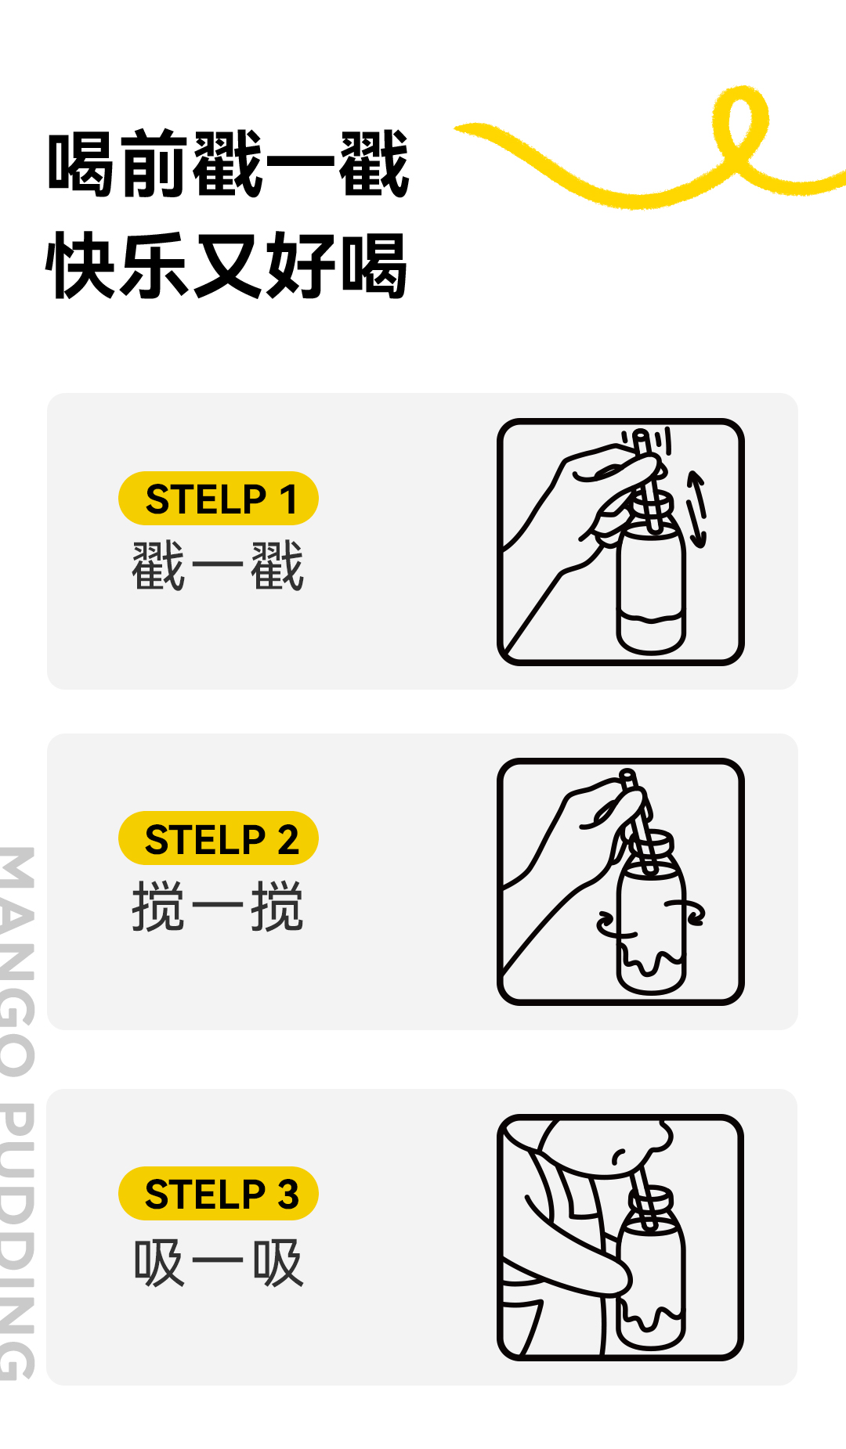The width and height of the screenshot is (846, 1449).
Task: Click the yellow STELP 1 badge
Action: pyautogui.click(x=219, y=499)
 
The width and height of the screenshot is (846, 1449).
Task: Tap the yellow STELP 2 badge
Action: pyautogui.click(x=219, y=838)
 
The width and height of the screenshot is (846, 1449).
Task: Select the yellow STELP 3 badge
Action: pyautogui.click(x=219, y=1194)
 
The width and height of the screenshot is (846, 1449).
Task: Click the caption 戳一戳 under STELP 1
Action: pyautogui.click(x=218, y=566)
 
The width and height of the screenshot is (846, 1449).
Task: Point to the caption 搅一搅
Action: pyautogui.click(x=218, y=907)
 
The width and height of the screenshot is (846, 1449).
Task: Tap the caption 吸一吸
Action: pyautogui.click(x=218, y=1263)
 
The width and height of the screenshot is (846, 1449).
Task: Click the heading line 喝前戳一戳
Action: pyautogui.click(x=229, y=164)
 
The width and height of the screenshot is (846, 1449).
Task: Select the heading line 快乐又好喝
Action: pyautogui.click(x=227, y=265)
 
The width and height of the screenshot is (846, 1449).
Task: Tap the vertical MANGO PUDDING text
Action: pyautogui.click(x=17, y=1112)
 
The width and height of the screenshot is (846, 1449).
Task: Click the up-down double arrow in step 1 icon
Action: pyautogui.click(x=696, y=509)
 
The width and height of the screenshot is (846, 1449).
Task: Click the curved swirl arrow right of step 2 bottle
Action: pyautogui.click(x=687, y=912)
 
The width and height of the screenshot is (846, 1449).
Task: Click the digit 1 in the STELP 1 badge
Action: pyautogui.click(x=287, y=499)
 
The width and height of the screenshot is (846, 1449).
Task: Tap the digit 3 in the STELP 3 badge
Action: pyautogui.click(x=287, y=1195)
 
